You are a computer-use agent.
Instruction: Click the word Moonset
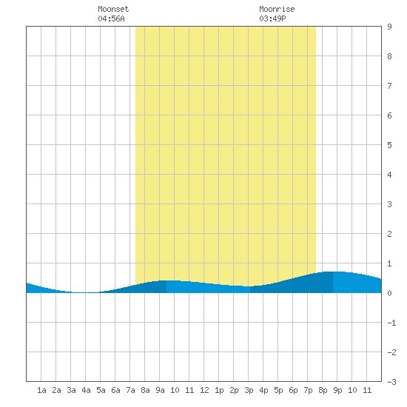(113, 9)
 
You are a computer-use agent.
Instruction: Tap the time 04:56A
(111, 18)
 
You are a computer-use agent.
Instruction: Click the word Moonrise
(277, 9)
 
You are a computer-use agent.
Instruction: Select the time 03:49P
(272, 18)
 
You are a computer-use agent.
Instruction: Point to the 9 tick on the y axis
(389, 27)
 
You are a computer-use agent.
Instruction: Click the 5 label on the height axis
(389, 145)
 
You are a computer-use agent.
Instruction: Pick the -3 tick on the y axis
(391, 382)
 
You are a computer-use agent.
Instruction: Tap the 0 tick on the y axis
(389, 293)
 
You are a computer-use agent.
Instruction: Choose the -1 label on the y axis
(391, 323)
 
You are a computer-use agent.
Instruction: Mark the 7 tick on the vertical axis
(389, 86)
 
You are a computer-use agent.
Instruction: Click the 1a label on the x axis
(41, 390)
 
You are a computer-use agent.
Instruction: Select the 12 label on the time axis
(204, 390)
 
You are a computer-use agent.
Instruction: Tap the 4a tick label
(86, 390)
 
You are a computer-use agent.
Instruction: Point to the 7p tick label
(308, 390)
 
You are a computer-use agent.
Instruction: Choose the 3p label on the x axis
(249, 390)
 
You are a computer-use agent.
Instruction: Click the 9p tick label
(337, 390)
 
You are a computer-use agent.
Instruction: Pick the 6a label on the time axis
(115, 390)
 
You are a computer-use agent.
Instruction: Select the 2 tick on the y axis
(389, 234)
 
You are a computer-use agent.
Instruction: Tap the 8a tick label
(145, 390)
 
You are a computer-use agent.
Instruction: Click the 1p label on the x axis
(219, 390)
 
